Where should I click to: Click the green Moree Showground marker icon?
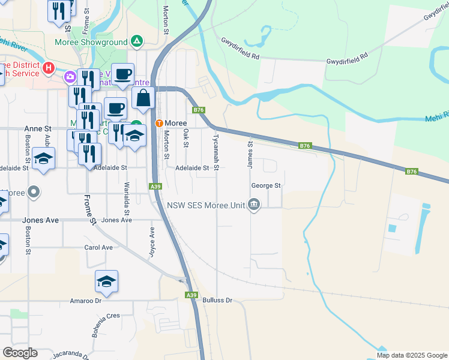pos(137,42)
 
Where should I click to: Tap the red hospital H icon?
pos(49,70)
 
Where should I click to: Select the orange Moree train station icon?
pos(159,123)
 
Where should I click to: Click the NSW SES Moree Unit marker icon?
pos(254,205)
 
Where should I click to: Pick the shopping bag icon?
pos(144,98)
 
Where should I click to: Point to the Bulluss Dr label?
pos(217,300)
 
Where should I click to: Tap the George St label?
pos(266,186)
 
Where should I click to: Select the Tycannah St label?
pos(215,149)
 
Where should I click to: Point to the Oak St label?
pos(186,137)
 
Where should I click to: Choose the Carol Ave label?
pos(98,247)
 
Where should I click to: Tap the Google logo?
pos(20,353)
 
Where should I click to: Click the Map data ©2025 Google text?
pos(411,355)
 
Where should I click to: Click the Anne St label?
pos(38,129)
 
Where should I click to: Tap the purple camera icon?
pos(70,76)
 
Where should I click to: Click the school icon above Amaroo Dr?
pos(106,281)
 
